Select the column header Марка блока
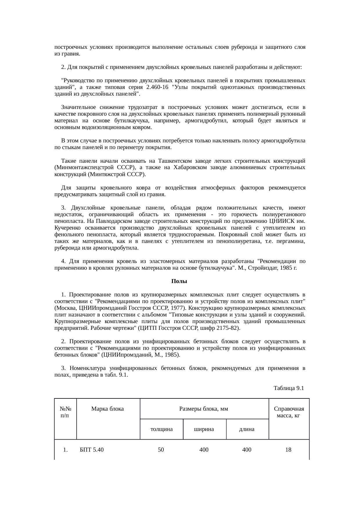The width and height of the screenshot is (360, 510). pos(107,409)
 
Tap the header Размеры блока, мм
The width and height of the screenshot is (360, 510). pos(204,409)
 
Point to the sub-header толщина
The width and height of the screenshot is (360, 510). pos(161,429)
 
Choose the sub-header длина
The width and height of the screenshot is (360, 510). pos(247,429)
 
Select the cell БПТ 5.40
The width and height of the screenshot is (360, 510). pos(92,450)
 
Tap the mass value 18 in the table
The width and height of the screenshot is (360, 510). pos(288,450)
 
